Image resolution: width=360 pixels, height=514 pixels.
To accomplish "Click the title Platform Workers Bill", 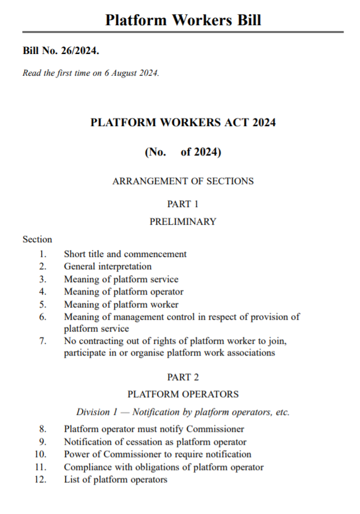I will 182,20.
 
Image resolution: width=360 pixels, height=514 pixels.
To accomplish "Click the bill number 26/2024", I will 80,52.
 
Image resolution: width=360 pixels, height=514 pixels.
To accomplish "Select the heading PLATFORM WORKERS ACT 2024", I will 182,123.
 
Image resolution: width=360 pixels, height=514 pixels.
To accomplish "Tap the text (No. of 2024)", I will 182,152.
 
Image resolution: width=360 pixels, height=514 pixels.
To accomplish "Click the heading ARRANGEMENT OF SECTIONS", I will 182,181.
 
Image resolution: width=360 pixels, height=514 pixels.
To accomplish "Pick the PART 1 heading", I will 182,204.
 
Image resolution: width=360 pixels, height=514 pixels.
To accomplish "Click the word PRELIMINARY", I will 182,222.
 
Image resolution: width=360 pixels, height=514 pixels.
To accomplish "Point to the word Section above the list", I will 38,239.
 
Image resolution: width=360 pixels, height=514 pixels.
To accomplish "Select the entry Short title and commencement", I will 125,254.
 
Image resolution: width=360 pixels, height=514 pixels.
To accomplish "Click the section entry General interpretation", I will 108,266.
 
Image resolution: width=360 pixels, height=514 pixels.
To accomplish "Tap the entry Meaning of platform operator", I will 123,292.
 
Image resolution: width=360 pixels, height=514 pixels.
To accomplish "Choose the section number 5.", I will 42,305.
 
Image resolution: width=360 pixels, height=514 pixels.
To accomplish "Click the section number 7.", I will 42,341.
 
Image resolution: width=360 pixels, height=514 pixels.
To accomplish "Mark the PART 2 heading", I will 182,377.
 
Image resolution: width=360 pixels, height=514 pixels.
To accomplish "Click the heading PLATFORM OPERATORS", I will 182,394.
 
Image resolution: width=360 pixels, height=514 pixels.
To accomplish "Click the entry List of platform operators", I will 116,479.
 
